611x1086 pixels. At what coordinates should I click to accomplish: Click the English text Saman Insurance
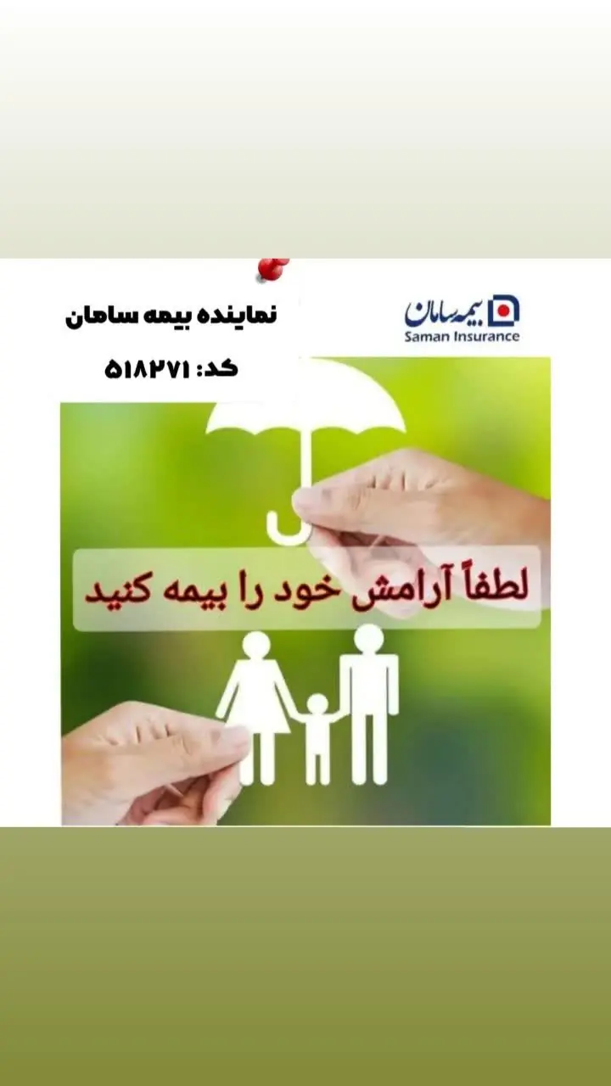[462, 336]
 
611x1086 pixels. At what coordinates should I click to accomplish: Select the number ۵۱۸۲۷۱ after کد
[146, 370]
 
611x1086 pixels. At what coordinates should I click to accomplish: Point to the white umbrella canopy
[306, 408]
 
